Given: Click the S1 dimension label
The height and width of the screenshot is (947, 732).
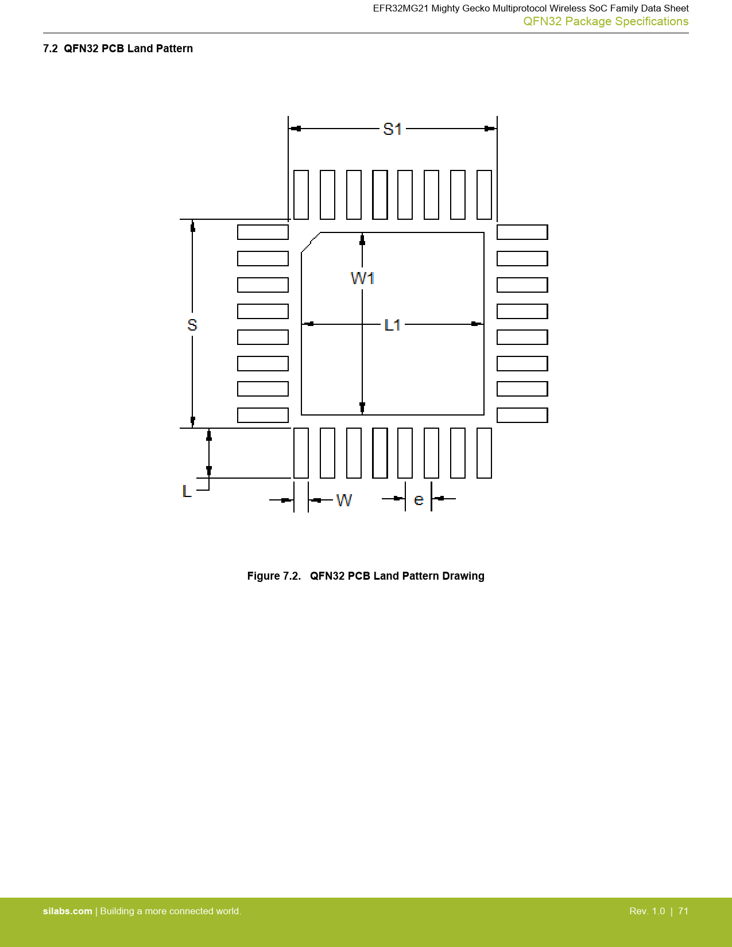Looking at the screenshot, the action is click(x=392, y=129).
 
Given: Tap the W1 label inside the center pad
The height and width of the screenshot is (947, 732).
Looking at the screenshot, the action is click(x=362, y=278).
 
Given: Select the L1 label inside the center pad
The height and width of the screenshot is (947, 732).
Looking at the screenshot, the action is click(x=392, y=325).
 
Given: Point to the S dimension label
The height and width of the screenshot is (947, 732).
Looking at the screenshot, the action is click(x=192, y=325).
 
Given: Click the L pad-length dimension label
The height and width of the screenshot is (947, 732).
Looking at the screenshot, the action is click(x=187, y=491).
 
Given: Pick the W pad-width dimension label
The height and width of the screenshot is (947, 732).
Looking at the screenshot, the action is click(x=344, y=500).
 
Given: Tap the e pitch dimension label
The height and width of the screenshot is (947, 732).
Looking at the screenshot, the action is click(x=419, y=500).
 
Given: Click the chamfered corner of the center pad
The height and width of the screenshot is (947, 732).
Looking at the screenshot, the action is click(x=311, y=242).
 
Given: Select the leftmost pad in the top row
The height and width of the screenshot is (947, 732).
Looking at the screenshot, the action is click(x=301, y=195).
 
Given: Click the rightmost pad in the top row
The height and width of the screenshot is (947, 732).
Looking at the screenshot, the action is click(x=485, y=195).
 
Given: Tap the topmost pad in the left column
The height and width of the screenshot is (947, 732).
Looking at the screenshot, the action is click(x=263, y=232).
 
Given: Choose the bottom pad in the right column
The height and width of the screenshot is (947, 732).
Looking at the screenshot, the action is click(x=522, y=416).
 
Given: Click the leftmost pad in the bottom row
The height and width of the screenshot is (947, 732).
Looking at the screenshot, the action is click(x=301, y=453).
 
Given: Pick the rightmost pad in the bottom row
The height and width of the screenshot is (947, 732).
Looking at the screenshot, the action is click(x=485, y=453).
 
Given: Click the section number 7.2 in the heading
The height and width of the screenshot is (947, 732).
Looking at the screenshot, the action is click(x=50, y=48).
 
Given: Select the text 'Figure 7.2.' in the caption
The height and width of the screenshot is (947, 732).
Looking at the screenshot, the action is click(x=274, y=576).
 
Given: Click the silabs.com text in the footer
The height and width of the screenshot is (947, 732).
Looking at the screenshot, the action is click(x=68, y=911).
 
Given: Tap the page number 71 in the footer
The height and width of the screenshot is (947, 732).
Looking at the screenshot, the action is click(x=683, y=911).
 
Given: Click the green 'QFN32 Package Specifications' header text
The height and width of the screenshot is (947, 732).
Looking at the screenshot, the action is click(x=606, y=21).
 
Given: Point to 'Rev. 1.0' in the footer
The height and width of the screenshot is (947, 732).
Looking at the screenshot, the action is click(x=647, y=911).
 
